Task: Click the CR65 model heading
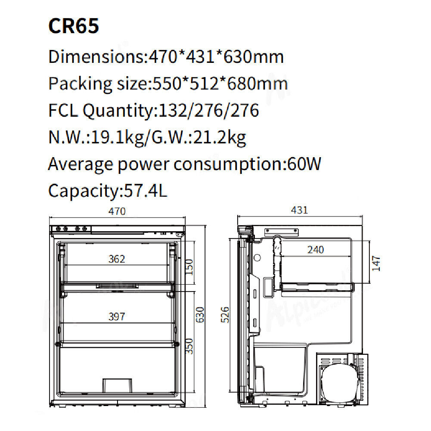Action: point(73,26)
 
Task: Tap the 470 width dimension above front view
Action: point(117,211)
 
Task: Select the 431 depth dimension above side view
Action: point(299,210)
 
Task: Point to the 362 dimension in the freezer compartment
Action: point(117,259)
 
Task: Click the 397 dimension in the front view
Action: point(117,316)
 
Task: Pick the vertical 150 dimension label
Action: point(189,267)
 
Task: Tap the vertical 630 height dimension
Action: point(200,315)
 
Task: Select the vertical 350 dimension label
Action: point(189,346)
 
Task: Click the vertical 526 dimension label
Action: point(225,315)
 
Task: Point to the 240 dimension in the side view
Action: point(316,250)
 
